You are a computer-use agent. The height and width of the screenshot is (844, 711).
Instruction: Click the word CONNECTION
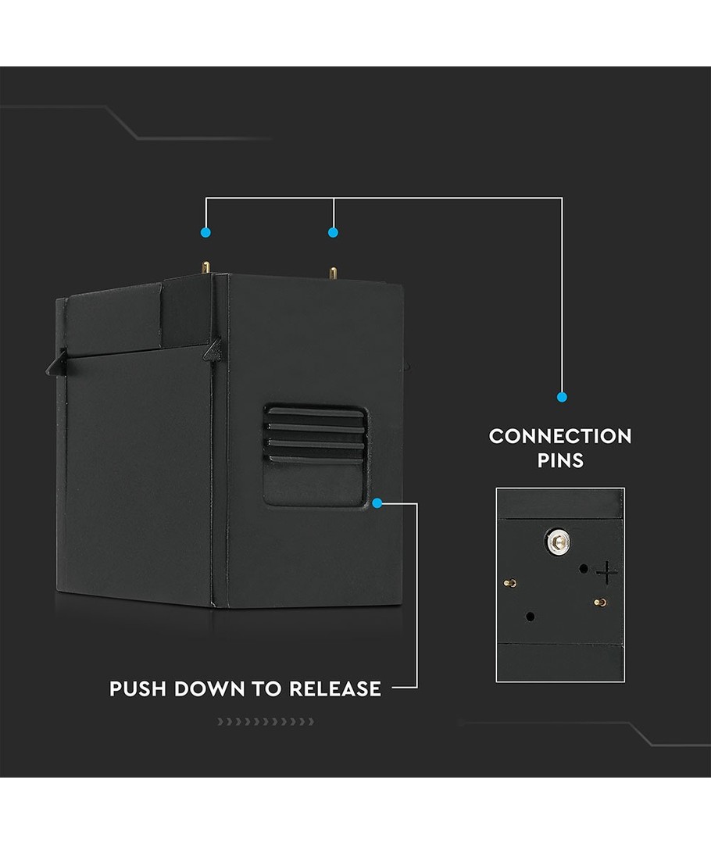click(x=560, y=436)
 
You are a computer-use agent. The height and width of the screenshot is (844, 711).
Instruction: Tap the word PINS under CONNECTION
click(x=560, y=460)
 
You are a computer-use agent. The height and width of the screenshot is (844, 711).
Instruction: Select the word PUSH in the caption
click(x=138, y=689)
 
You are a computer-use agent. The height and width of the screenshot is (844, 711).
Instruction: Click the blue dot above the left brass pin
click(x=205, y=232)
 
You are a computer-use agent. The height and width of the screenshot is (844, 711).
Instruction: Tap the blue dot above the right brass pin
click(x=333, y=232)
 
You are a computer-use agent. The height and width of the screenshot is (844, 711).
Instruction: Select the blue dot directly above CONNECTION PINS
click(x=562, y=397)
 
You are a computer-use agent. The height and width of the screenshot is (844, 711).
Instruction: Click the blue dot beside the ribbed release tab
click(x=377, y=503)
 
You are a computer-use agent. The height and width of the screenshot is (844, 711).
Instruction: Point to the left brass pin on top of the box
click(x=206, y=267)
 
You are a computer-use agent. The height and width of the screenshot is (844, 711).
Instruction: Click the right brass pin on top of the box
click(x=334, y=274)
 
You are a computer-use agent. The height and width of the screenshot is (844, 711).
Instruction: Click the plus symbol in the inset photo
click(x=606, y=573)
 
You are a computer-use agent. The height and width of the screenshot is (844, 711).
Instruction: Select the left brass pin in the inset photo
click(x=509, y=582)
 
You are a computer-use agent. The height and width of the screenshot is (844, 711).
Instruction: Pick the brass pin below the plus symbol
click(x=600, y=602)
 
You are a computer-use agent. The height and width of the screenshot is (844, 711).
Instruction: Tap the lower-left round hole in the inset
click(x=531, y=617)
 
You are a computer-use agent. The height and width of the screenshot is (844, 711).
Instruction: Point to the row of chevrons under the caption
click(x=265, y=721)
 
